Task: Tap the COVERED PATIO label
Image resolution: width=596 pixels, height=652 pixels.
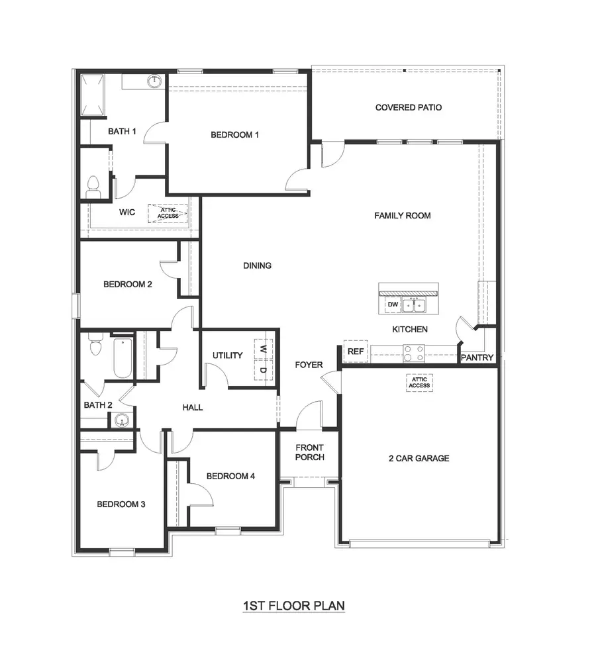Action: point(409,107)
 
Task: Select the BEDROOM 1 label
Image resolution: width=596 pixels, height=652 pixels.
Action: point(234,134)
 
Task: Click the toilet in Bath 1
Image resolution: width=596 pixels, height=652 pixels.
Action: point(93,187)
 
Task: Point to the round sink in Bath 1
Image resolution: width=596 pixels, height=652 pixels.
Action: point(154,81)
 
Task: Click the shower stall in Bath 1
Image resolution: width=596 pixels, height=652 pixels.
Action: point(93,96)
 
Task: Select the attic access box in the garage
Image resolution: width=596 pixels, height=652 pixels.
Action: point(419,383)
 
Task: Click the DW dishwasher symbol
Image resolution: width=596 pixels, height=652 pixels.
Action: point(392,304)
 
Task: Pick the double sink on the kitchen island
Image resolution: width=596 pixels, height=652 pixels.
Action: point(415,305)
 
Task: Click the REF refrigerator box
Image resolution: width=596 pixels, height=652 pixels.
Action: point(356,351)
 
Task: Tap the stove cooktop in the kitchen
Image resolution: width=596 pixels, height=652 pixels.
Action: point(414,353)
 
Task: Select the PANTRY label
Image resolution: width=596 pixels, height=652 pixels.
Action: point(477,357)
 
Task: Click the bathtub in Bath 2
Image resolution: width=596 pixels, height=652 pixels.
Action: point(123,357)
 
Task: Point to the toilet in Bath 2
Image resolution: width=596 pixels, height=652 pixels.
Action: point(95,346)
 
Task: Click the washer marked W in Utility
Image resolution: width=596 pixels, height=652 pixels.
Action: point(263,348)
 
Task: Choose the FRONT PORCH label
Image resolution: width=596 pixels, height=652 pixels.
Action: point(309,453)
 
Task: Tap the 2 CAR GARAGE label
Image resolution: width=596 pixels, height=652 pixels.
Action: point(419,458)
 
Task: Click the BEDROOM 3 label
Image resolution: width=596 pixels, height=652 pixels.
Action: point(121,504)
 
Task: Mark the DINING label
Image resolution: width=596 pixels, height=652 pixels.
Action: point(257,265)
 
